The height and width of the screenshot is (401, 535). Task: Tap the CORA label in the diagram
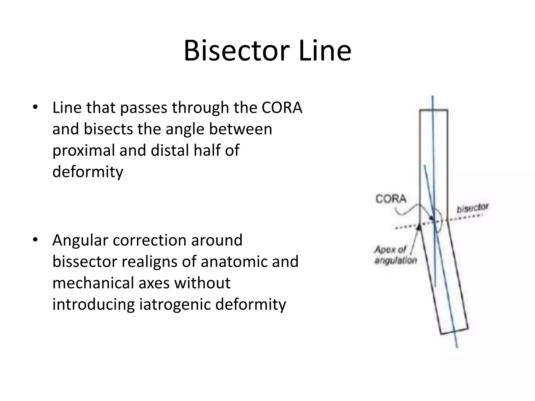(x=391, y=199)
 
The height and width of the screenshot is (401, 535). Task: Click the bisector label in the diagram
(x=473, y=208)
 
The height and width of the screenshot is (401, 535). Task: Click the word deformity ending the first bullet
(x=88, y=172)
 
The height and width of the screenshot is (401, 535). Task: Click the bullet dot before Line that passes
(x=35, y=107)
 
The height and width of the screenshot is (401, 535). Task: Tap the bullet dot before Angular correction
(x=35, y=240)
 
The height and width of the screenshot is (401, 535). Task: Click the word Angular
(x=80, y=241)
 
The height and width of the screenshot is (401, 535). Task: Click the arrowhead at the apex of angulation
(x=419, y=227)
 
